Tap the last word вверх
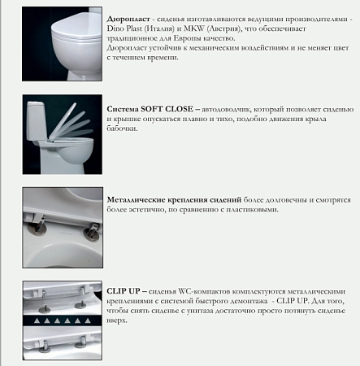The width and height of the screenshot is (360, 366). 119,320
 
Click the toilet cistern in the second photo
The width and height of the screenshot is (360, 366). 40,114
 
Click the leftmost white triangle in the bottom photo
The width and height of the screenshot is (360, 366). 32,323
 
